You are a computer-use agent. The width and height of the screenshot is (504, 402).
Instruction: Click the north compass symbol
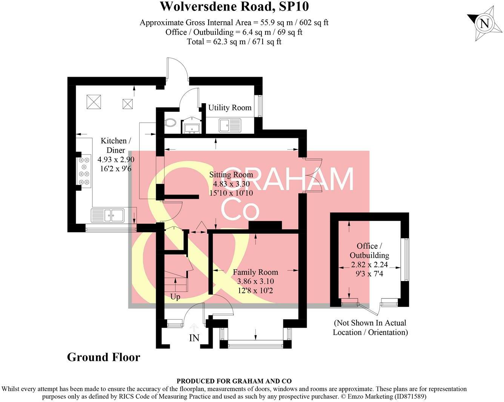click(484, 23)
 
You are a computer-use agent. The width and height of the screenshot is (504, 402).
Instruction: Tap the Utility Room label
click(230, 108)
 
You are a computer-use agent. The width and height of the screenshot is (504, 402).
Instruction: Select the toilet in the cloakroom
click(171, 122)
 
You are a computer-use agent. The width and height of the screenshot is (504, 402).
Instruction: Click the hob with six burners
click(84, 171)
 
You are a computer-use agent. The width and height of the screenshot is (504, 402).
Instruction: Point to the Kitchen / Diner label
click(115, 145)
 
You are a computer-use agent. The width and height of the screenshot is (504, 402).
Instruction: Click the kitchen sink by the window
click(108, 215)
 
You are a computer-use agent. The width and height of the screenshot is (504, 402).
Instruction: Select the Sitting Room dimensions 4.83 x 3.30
click(231, 184)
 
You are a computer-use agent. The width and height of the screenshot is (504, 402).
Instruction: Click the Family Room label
click(255, 272)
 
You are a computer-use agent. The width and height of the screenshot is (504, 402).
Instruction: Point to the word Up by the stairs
click(175, 297)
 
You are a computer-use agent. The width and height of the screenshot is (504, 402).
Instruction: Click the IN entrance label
click(194, 338)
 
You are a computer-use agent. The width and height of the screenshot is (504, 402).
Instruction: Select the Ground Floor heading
click(103, 357)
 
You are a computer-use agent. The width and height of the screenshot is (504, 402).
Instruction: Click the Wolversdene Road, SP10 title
click(234, 6)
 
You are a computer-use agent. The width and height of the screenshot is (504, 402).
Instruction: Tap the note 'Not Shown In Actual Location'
click(370, 328)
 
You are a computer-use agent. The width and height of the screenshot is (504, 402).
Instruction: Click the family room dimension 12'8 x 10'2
click(255, 291)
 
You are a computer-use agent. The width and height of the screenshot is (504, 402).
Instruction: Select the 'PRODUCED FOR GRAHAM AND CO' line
click(234, 381)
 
